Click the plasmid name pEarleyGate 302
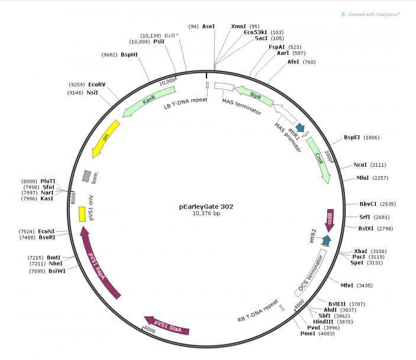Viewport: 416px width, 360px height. tap(207, 206)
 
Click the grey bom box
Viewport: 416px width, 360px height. tap(86, 176)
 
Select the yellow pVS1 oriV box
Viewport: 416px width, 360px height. tap(82, 214)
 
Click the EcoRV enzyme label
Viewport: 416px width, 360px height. tap(97, 85)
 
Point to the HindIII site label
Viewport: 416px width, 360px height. tap(324, 322)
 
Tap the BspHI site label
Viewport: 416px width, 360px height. tap(129, 54)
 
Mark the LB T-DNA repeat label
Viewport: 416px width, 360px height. tap(185, 105)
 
